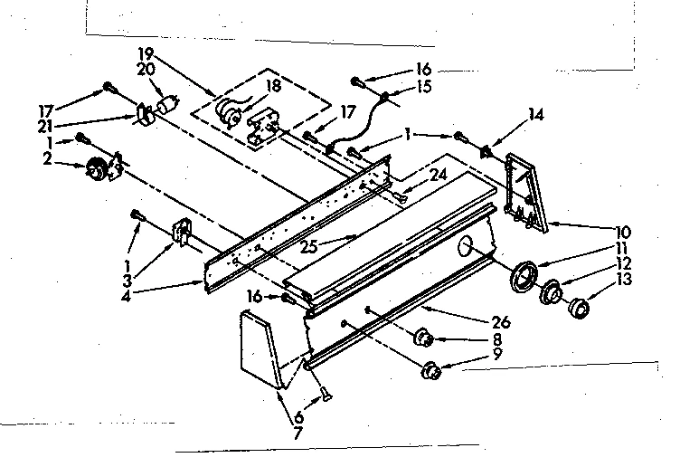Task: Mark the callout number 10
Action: pyautogui.click(x=623, y=232)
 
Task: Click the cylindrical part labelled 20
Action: pyautogui.click(x=166, y=106)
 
